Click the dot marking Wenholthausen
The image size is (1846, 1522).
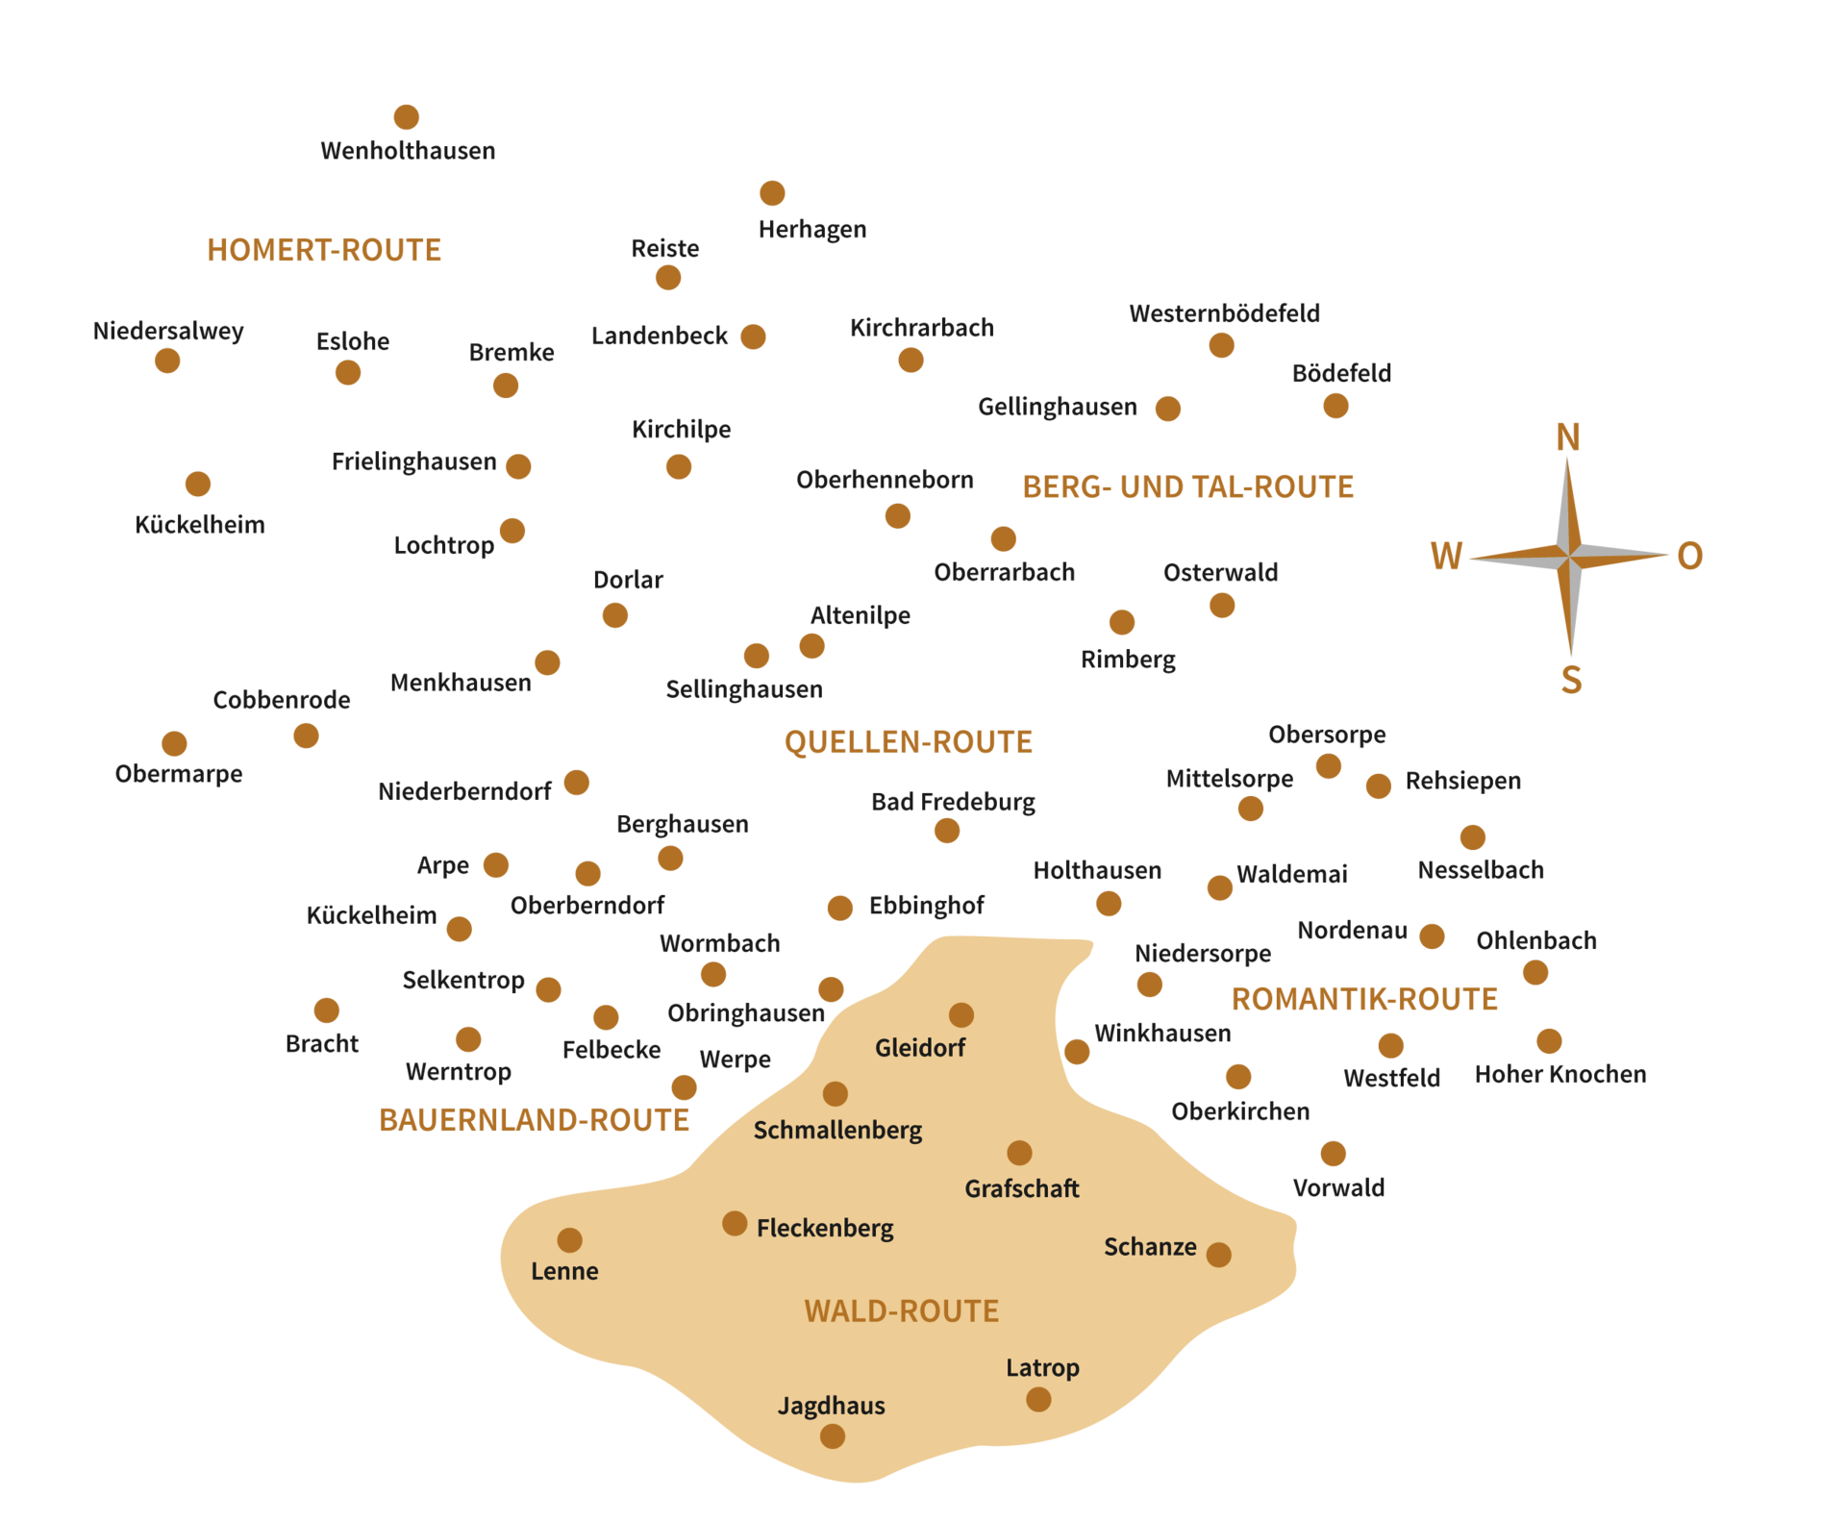pos(407,117)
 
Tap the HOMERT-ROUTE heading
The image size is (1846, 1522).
pos(324,250)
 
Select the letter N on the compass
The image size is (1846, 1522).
pos(1568,437)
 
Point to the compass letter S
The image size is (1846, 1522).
pos(1571,680)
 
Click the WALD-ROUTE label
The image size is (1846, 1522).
pos(902,1310)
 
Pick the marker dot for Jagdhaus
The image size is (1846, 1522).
pos(833,1436)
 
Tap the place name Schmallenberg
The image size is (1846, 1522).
pos(837,1130)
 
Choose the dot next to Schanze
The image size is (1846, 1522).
pos(1219,1255)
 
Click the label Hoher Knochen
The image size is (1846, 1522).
pos(1560,1074)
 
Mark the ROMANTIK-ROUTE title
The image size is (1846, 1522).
pos(1364,999)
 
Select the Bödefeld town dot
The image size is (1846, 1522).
pos(1335,406)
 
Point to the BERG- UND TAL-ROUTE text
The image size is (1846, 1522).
pos(1188,487)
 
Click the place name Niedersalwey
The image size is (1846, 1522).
pos(168,331)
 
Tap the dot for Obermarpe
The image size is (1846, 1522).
pos(174,743)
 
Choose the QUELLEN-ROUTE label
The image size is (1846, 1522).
pos(909,742)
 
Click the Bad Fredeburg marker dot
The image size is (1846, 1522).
pos(947,831)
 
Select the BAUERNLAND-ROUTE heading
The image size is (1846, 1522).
pos(534,1120)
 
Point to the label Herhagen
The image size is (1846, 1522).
pos(812,229)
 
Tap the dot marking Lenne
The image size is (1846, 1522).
pos(570,1240)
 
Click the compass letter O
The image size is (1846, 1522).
pos(1690,556)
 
